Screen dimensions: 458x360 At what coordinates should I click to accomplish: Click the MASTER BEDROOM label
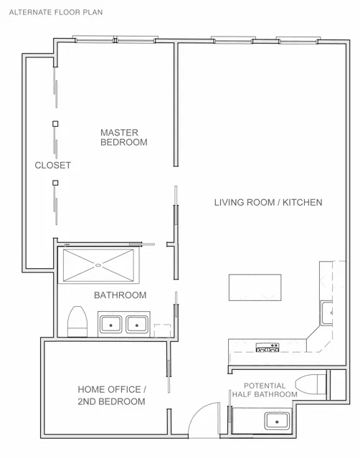123,137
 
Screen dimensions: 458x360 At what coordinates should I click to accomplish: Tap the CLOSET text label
53,165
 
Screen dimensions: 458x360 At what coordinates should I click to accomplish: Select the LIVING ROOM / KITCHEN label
267,202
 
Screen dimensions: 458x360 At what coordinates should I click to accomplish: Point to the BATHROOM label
120,295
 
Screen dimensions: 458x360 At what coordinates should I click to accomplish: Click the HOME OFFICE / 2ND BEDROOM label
111,395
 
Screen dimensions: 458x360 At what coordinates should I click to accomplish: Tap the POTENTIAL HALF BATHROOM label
265,390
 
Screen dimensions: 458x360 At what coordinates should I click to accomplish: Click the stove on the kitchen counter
267,348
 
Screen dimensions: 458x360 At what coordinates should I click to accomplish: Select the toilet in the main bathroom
76,321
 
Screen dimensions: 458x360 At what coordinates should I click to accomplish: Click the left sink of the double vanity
111,325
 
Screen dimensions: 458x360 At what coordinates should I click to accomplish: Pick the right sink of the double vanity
136,325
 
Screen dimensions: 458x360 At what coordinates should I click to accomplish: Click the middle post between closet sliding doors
55,125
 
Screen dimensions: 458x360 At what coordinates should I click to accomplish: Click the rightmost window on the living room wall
298,40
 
